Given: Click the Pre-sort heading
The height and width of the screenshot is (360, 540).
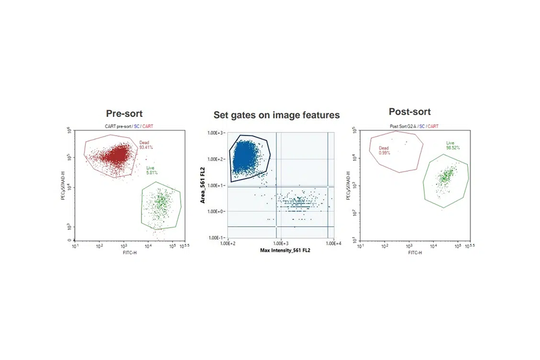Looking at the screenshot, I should point(124,113).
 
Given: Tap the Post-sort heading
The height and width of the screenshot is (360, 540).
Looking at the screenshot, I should point(410,112).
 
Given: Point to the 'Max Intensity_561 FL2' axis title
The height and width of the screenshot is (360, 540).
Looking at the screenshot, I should point(285,250).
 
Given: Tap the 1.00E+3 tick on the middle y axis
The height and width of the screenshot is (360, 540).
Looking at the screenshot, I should point(216,133).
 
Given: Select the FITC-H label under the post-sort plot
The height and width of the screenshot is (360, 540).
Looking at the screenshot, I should point(416,253).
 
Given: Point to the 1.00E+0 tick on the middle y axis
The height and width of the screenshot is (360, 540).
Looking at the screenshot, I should point(216,212).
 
